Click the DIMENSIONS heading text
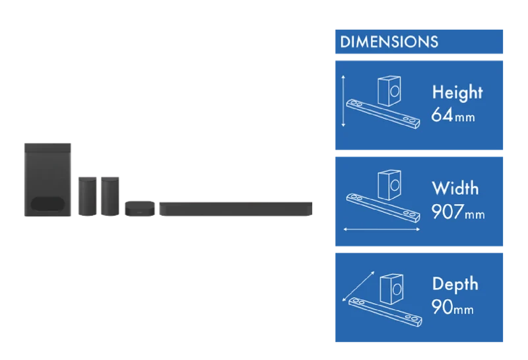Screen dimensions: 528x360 [x=389, y=42]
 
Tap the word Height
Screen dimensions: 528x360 [x=457, y=92]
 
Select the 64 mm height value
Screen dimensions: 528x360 [x=453, y=115]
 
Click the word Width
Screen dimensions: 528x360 [x=455, y=188]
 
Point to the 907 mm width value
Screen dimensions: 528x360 [x=458, y=211]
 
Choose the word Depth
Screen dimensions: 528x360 [x=455, y=284]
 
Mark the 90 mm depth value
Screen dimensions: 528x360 [x=453, y=307]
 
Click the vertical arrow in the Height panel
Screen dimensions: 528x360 [x=343, y=101]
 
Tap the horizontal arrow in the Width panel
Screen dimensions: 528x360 [x=381, y=229]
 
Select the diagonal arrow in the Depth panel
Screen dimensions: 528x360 [x=358, y=286]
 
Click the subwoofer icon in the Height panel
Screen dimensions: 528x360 [x=389, y=90]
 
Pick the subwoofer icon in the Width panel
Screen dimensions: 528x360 [x=389, y=185]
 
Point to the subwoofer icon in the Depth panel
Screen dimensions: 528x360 [x=391, y=289]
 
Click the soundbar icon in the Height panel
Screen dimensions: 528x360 [x=383, y=114]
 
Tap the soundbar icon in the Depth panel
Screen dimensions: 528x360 [x=385, y=312]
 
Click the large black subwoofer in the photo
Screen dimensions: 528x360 [x=48, y=180]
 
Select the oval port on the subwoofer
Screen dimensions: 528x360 [x=48, y=203]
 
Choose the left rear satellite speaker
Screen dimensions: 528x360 [x=88, y=196]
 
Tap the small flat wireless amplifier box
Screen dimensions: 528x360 [x=140, y=209]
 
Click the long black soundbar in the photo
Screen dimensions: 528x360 [x=236, y=209]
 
